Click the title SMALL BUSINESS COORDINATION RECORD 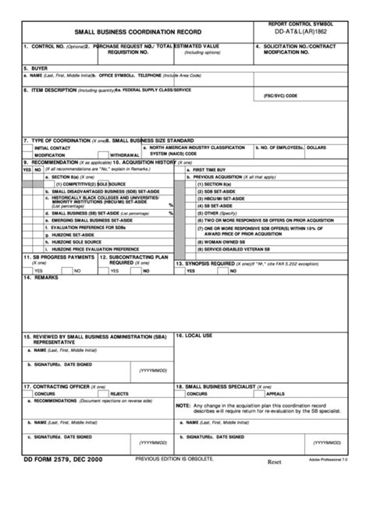point(132,33)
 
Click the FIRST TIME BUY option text point(210,169)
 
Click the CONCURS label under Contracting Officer point(46,394)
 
